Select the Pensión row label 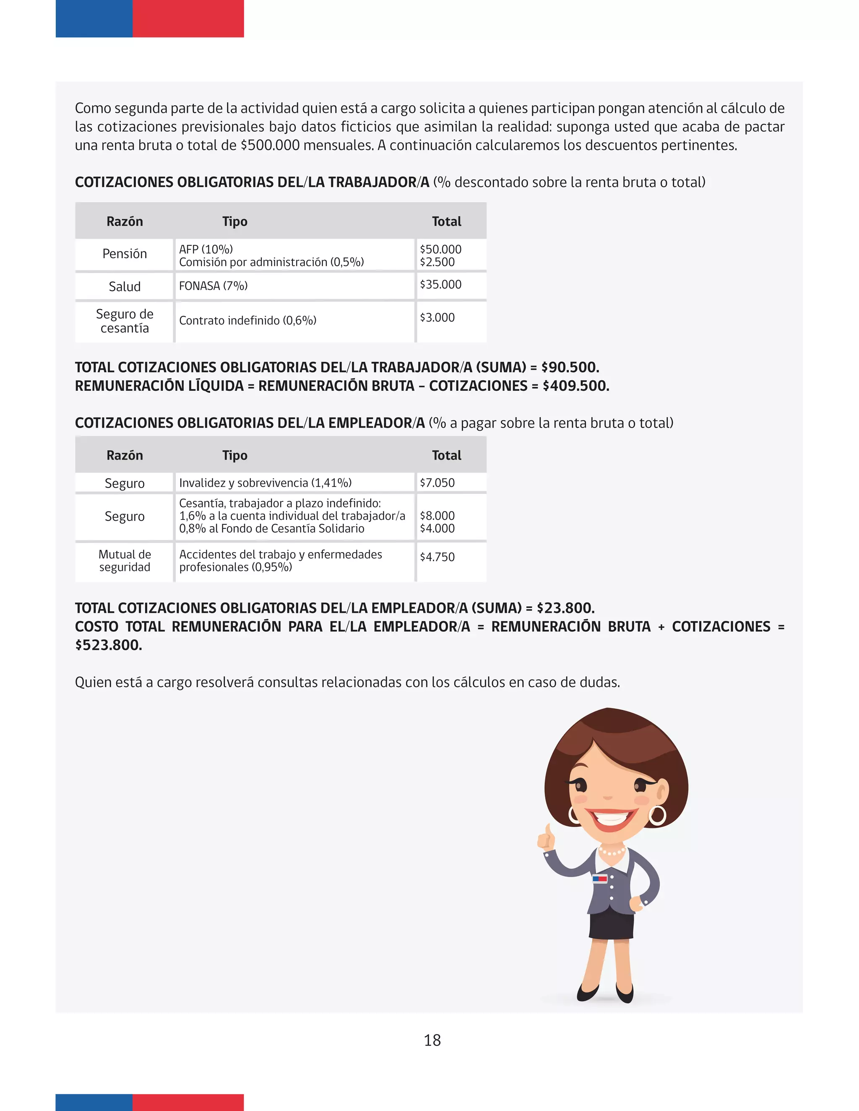125,254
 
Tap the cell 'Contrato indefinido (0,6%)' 248,320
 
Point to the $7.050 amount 437,483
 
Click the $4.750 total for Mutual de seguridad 437,557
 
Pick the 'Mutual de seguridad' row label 125,561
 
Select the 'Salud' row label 125,286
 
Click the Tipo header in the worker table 234,222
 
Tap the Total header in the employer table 446,455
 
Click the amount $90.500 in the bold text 570,367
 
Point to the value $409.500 575,386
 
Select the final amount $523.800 108,645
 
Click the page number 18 432,1040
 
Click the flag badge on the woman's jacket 599,878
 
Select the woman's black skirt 611,925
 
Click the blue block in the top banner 94,18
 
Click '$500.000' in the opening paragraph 270,145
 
